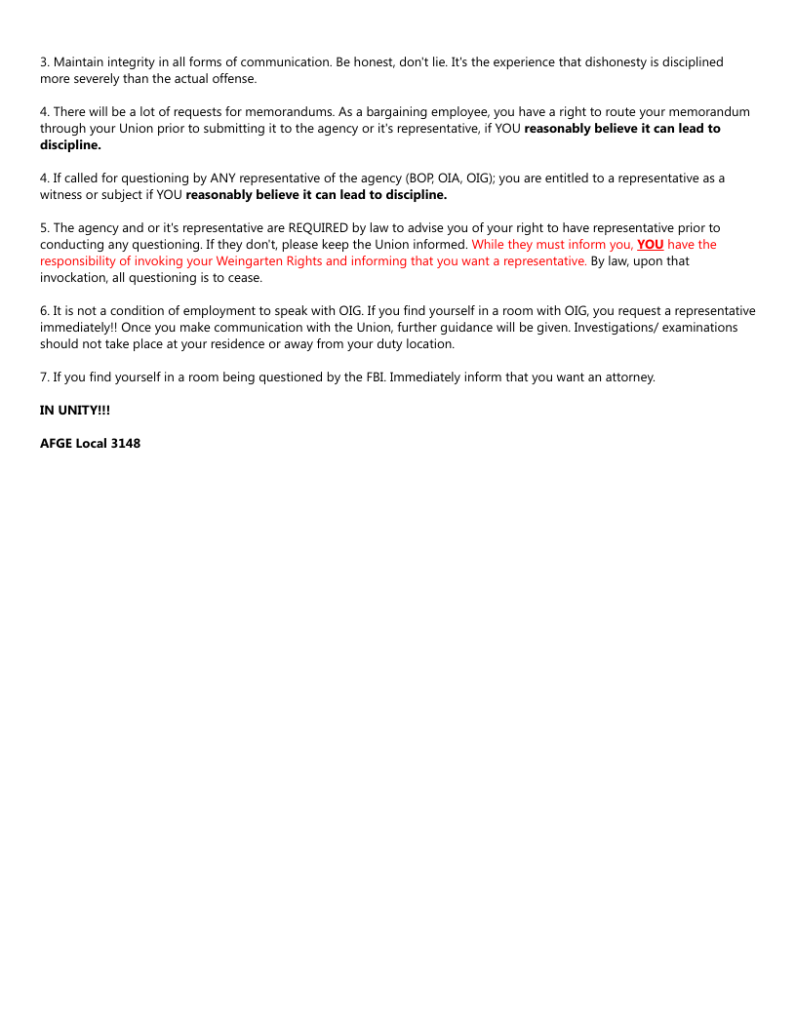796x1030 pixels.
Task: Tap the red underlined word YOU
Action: pyautogui.click(x=650, y=244)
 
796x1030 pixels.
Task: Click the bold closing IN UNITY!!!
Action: pyautogui.click(x=75, y=410)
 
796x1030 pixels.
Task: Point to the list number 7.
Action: pyautogui.click(x=44, y=376)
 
